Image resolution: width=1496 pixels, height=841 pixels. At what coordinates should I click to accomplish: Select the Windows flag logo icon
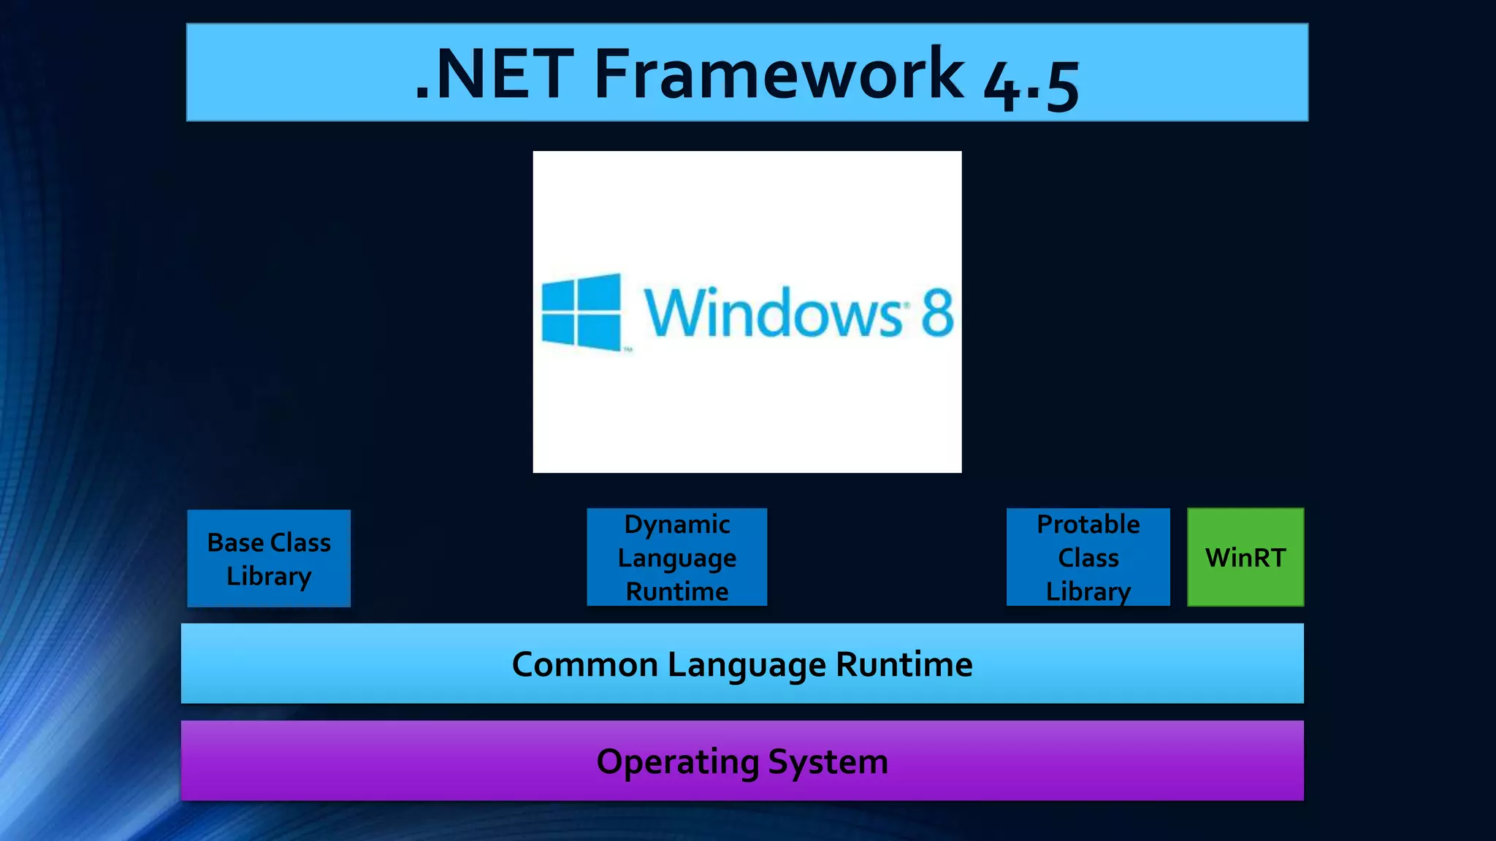pyautogui.click(x=582, y=312)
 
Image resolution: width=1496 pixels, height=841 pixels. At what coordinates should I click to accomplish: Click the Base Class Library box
pyautogui.click(x=269, y=558)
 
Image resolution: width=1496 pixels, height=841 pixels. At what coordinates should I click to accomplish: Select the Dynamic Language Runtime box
pyautogui.click(x=676, y=557)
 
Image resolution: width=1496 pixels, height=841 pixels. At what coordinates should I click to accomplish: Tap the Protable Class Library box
pyautogui.click(x=1088, y=557)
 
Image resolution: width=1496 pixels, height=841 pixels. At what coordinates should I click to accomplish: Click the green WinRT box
pyautogui.click(x=1245, y=557)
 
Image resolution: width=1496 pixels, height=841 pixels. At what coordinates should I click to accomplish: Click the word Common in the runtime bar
pyautogui.click(x=585, y=664)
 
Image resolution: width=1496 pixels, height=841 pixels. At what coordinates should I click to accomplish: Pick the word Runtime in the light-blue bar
pyautogui.click(x=904, y=664)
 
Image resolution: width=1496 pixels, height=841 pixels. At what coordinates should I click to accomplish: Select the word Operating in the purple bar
pyautogui.click(x=677, y=762)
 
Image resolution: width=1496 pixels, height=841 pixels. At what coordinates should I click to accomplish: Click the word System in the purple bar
pyautogui.click(x=828, y=762)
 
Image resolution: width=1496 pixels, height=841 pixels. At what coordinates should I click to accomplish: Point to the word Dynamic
pyautogui.click(x=677, y=524)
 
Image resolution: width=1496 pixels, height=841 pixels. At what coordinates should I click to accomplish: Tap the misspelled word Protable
pyautogui.click(x=1088, y=524)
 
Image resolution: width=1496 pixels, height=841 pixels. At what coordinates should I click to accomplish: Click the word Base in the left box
pyautogui.click(x=235, y=542)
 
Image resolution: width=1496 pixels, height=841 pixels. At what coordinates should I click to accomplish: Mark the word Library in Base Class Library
pyautogui.click(x=269, y=576)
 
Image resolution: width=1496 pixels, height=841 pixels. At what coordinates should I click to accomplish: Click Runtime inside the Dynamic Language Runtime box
pyautogui.click(x=677, y=591)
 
